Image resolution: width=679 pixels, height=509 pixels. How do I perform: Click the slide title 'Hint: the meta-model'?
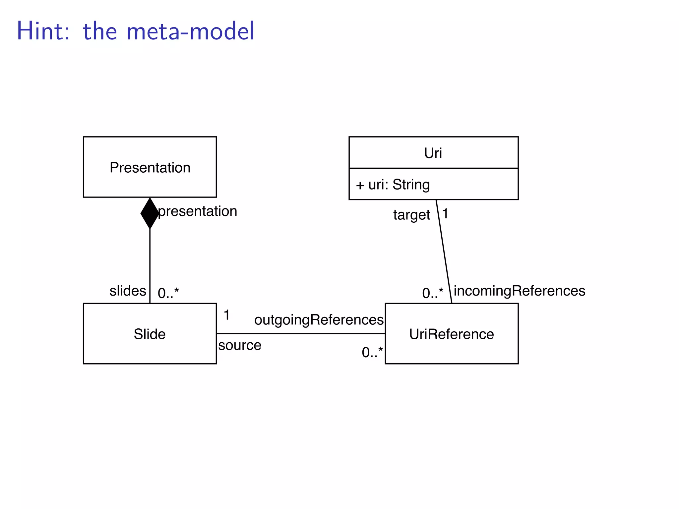point(135,31)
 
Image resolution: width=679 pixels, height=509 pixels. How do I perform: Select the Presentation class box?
point(150,167)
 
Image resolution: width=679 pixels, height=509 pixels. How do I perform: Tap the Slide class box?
point(150,334)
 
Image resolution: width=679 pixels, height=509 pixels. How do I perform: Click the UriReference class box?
point(452,334)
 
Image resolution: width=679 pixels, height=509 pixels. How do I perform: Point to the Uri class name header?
point(433,153)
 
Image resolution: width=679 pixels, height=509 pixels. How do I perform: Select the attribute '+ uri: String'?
point(393,185)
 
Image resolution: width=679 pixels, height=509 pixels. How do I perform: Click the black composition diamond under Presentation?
point(150,213)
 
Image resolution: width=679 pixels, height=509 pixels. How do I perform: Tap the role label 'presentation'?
point(198,211)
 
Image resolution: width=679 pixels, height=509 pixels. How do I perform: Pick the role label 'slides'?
point(128,291)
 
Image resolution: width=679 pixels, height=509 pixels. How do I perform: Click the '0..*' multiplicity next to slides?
point(168,293)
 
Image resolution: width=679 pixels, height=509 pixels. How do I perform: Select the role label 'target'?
point(411,215)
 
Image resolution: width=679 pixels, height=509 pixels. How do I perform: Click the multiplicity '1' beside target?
point(445,214)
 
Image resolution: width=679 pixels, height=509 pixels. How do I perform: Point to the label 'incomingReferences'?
point(519,291)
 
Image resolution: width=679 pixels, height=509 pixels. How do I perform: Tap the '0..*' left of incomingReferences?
point(432,293)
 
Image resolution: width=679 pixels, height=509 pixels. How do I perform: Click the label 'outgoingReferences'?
point(319,320)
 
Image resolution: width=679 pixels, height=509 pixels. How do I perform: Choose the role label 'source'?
point(240,345)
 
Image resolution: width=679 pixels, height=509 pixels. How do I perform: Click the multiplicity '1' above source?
point(227,315)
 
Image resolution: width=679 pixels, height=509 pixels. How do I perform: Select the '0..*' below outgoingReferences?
point(372,352)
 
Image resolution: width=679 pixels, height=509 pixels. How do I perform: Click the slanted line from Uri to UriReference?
point(444,252)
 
